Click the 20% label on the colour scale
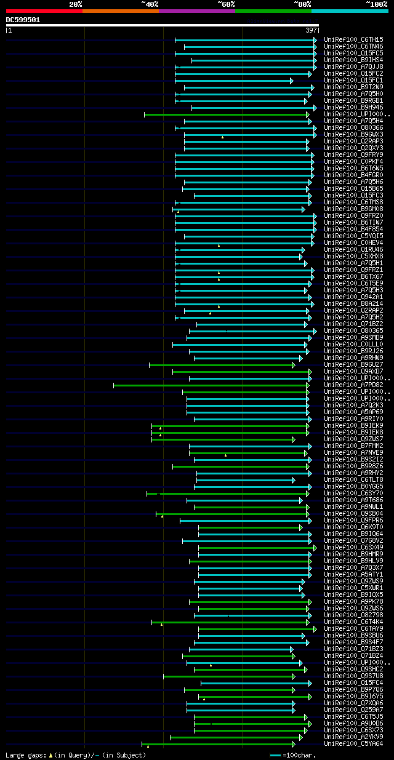coord(76,4)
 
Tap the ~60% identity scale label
coord(226,4)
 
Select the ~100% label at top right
coord(376,4)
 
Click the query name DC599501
coord(23,20)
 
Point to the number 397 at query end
coord(311,30)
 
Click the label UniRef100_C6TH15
coord(353,40)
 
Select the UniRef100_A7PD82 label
coord(353,385)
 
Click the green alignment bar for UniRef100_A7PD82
coord(209,385)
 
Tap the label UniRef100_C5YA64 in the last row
coord(353,744)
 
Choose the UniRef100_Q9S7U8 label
coord(353,676)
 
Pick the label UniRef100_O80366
coord(353,128)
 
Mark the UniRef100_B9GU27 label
coord(353,365)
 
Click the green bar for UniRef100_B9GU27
coord(222,365)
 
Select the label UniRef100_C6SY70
coord(353,494)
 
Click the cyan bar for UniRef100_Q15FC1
coord(234,81)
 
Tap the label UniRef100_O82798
coord(353,615)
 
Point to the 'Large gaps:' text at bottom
coord(25,755)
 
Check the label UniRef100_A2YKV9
coord(353,737)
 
